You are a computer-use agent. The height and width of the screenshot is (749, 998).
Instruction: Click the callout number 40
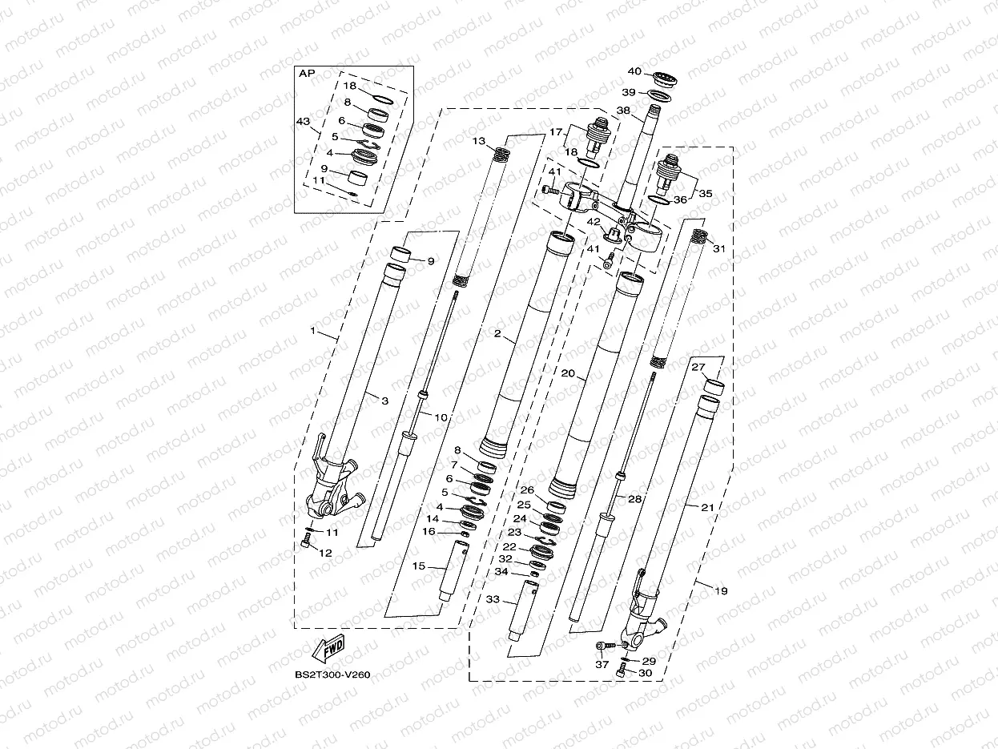(x=634, y=70)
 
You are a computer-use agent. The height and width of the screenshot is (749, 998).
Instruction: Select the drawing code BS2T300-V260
(x=332, y=675)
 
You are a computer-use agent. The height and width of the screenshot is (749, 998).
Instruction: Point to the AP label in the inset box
(x=307, y=73)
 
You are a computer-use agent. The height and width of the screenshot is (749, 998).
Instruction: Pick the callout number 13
(x=478, y=141)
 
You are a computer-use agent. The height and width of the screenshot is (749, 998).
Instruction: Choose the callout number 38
(x=623, y=111)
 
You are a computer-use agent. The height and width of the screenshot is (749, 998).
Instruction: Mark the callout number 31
(x=718, y=249)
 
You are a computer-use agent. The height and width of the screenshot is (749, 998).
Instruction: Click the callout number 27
(x=698, y=367)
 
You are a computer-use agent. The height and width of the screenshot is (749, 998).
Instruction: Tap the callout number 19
(x=721, y=591)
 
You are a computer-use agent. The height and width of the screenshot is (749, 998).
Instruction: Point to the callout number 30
(x=646, y=674)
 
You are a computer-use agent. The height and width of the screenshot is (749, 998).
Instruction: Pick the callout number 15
(x=418, y=566)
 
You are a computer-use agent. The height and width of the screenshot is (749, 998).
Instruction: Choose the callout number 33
(x=492, y=599)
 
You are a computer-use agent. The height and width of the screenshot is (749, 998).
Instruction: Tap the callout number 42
(x=594, y=222)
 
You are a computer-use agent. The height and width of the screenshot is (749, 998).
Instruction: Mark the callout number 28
(x=634, y=498)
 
